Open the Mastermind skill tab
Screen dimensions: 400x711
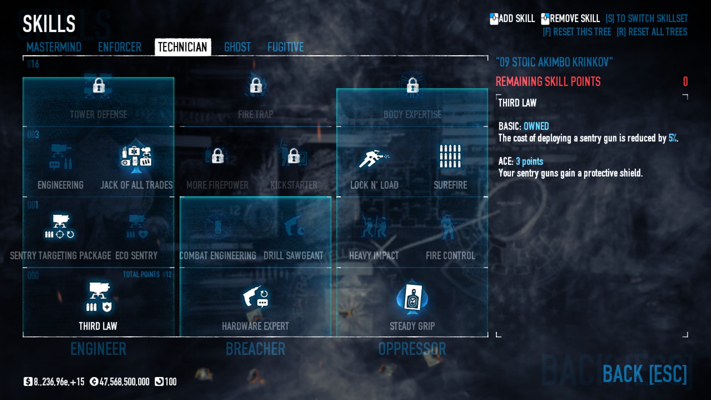tap(54, 47)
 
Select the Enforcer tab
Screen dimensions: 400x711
tap(120, 47)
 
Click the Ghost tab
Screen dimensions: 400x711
tap(237, 47)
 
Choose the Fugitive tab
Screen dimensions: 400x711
tap(286, 47)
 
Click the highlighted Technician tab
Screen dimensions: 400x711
tap(183, 47)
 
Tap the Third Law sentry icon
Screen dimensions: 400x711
tap(98, 297)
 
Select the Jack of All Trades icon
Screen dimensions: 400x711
tap(136, 157)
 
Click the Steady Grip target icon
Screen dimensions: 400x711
tap(412, 297)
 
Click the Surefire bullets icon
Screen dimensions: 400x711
tap(450, 156)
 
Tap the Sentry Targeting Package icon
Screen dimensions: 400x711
tap(60, 226)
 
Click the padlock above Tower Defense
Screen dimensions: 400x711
tap(99, 86)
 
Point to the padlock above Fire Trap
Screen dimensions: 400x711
tap(256, 86)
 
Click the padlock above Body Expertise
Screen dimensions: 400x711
tap(413, 86)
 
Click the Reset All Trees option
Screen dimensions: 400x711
tap(652, 32)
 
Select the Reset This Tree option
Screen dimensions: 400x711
tap(577, 32)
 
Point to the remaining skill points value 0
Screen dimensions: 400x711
tap(685, 81)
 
